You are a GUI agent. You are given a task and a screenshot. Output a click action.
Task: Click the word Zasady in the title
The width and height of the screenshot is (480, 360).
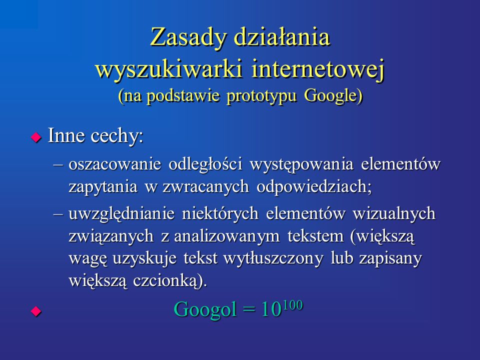coord(188,37)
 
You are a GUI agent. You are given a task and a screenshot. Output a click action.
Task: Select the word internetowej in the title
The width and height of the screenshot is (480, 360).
coord(317,70)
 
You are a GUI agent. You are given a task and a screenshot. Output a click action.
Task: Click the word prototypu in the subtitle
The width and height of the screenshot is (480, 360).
coord(261,96)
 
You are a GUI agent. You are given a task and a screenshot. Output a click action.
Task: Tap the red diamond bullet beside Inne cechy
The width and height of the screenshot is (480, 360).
coord(36,137)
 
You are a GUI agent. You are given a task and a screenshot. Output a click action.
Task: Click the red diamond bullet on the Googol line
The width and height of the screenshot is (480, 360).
coord(36,311)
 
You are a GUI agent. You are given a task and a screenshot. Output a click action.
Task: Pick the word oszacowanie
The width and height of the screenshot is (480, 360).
coord(115,164)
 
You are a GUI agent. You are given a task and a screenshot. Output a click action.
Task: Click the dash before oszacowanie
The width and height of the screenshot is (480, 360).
coord(58,165)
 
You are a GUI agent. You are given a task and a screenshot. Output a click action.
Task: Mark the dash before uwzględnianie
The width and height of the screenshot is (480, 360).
coord(58,214)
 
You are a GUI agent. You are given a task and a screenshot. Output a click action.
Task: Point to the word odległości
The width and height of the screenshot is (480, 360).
coord(205,164)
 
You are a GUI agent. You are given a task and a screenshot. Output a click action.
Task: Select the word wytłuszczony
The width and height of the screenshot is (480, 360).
coord(273,258)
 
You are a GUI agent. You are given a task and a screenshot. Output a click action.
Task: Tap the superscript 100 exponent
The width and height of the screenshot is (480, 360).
coord(292,305)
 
